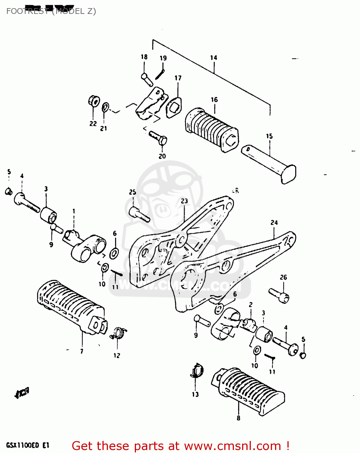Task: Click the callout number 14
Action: coord(214,57)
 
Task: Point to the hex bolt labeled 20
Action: coord(158,138)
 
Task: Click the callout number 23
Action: coord(184,201)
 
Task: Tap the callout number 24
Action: coord(274,223)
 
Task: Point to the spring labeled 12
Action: coord(119,333)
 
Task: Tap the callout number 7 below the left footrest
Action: coord(82,351)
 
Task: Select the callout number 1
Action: coord(73,211)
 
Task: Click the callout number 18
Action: coord(144,57)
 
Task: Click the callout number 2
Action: coord(251,305)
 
